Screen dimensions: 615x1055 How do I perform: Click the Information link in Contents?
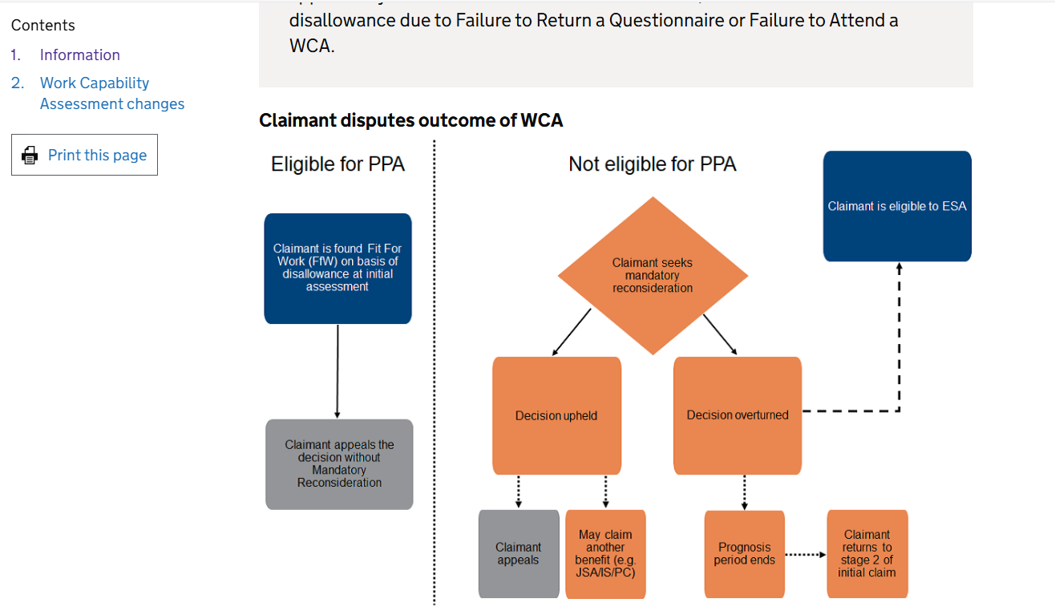click(x=79, y=55)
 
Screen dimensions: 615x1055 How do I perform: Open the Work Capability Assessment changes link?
click(x=111, y=94)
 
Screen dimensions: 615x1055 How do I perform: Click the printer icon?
click(x=30, y=156)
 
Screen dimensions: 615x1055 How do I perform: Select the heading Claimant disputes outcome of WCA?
click(x=410, y=121)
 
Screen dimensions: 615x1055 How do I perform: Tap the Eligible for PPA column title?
click(x=338, y=164)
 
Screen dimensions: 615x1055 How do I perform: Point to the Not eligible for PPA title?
click(x=652, y=164)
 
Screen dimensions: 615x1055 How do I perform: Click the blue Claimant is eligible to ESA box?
click(x=897, y=206)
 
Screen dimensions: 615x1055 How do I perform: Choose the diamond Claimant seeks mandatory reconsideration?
click(x=653, y=276)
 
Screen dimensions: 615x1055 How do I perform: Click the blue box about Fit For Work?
click(x=338, y=268)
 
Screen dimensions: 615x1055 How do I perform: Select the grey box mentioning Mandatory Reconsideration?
click(x=339, y=464)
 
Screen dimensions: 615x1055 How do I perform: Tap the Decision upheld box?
click(x=556, y=415)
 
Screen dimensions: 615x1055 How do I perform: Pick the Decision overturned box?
click(x=738, y=415)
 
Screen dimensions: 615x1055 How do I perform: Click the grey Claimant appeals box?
click(x=519, y=554)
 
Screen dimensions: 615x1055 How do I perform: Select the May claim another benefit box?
click(x=605, y=554)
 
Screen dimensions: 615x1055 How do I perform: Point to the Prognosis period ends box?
click(x=744, y=554)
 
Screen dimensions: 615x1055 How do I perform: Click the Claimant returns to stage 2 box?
click(x=867, y=554)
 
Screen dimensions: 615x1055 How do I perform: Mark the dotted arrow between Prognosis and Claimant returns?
click(x=805, y=554)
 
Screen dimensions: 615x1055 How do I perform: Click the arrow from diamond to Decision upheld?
click(x=572, y=332)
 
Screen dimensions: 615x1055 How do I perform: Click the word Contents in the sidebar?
click(x=43, y=26)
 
